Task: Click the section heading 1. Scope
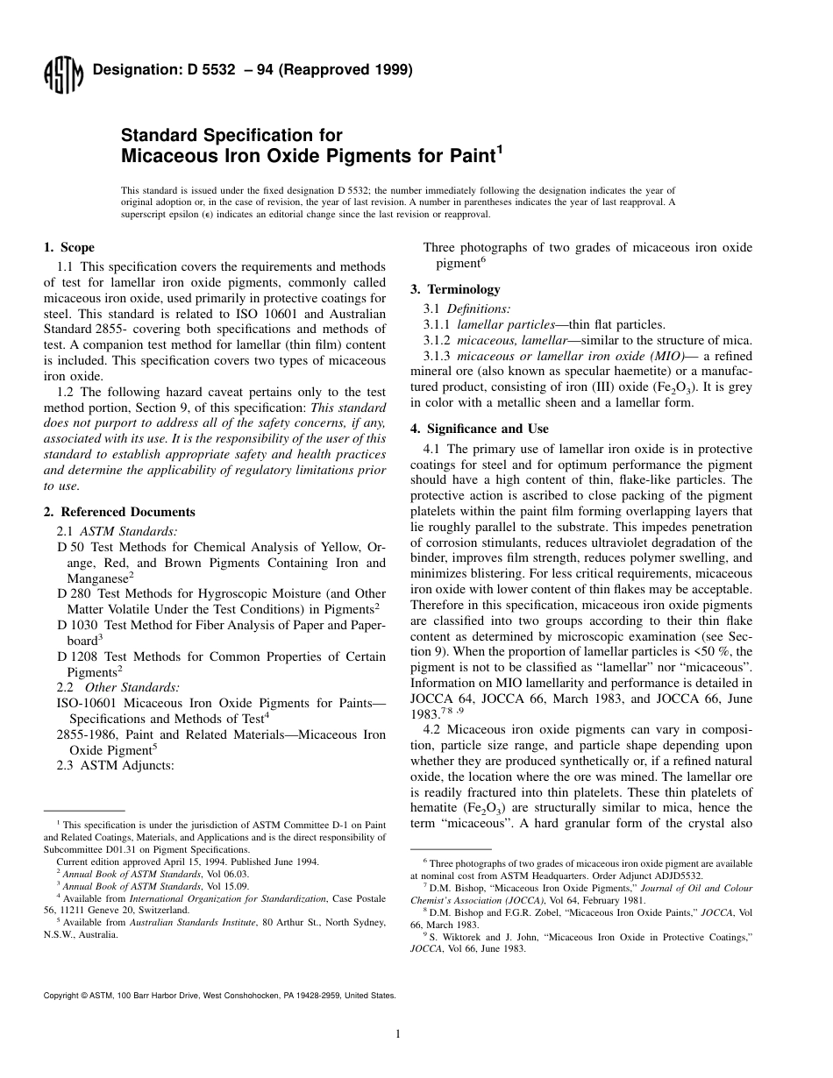click(69, 248)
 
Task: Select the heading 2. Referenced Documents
click(119, 512)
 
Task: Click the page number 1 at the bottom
click(398, 1034)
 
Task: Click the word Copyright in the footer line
click(61, 996)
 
